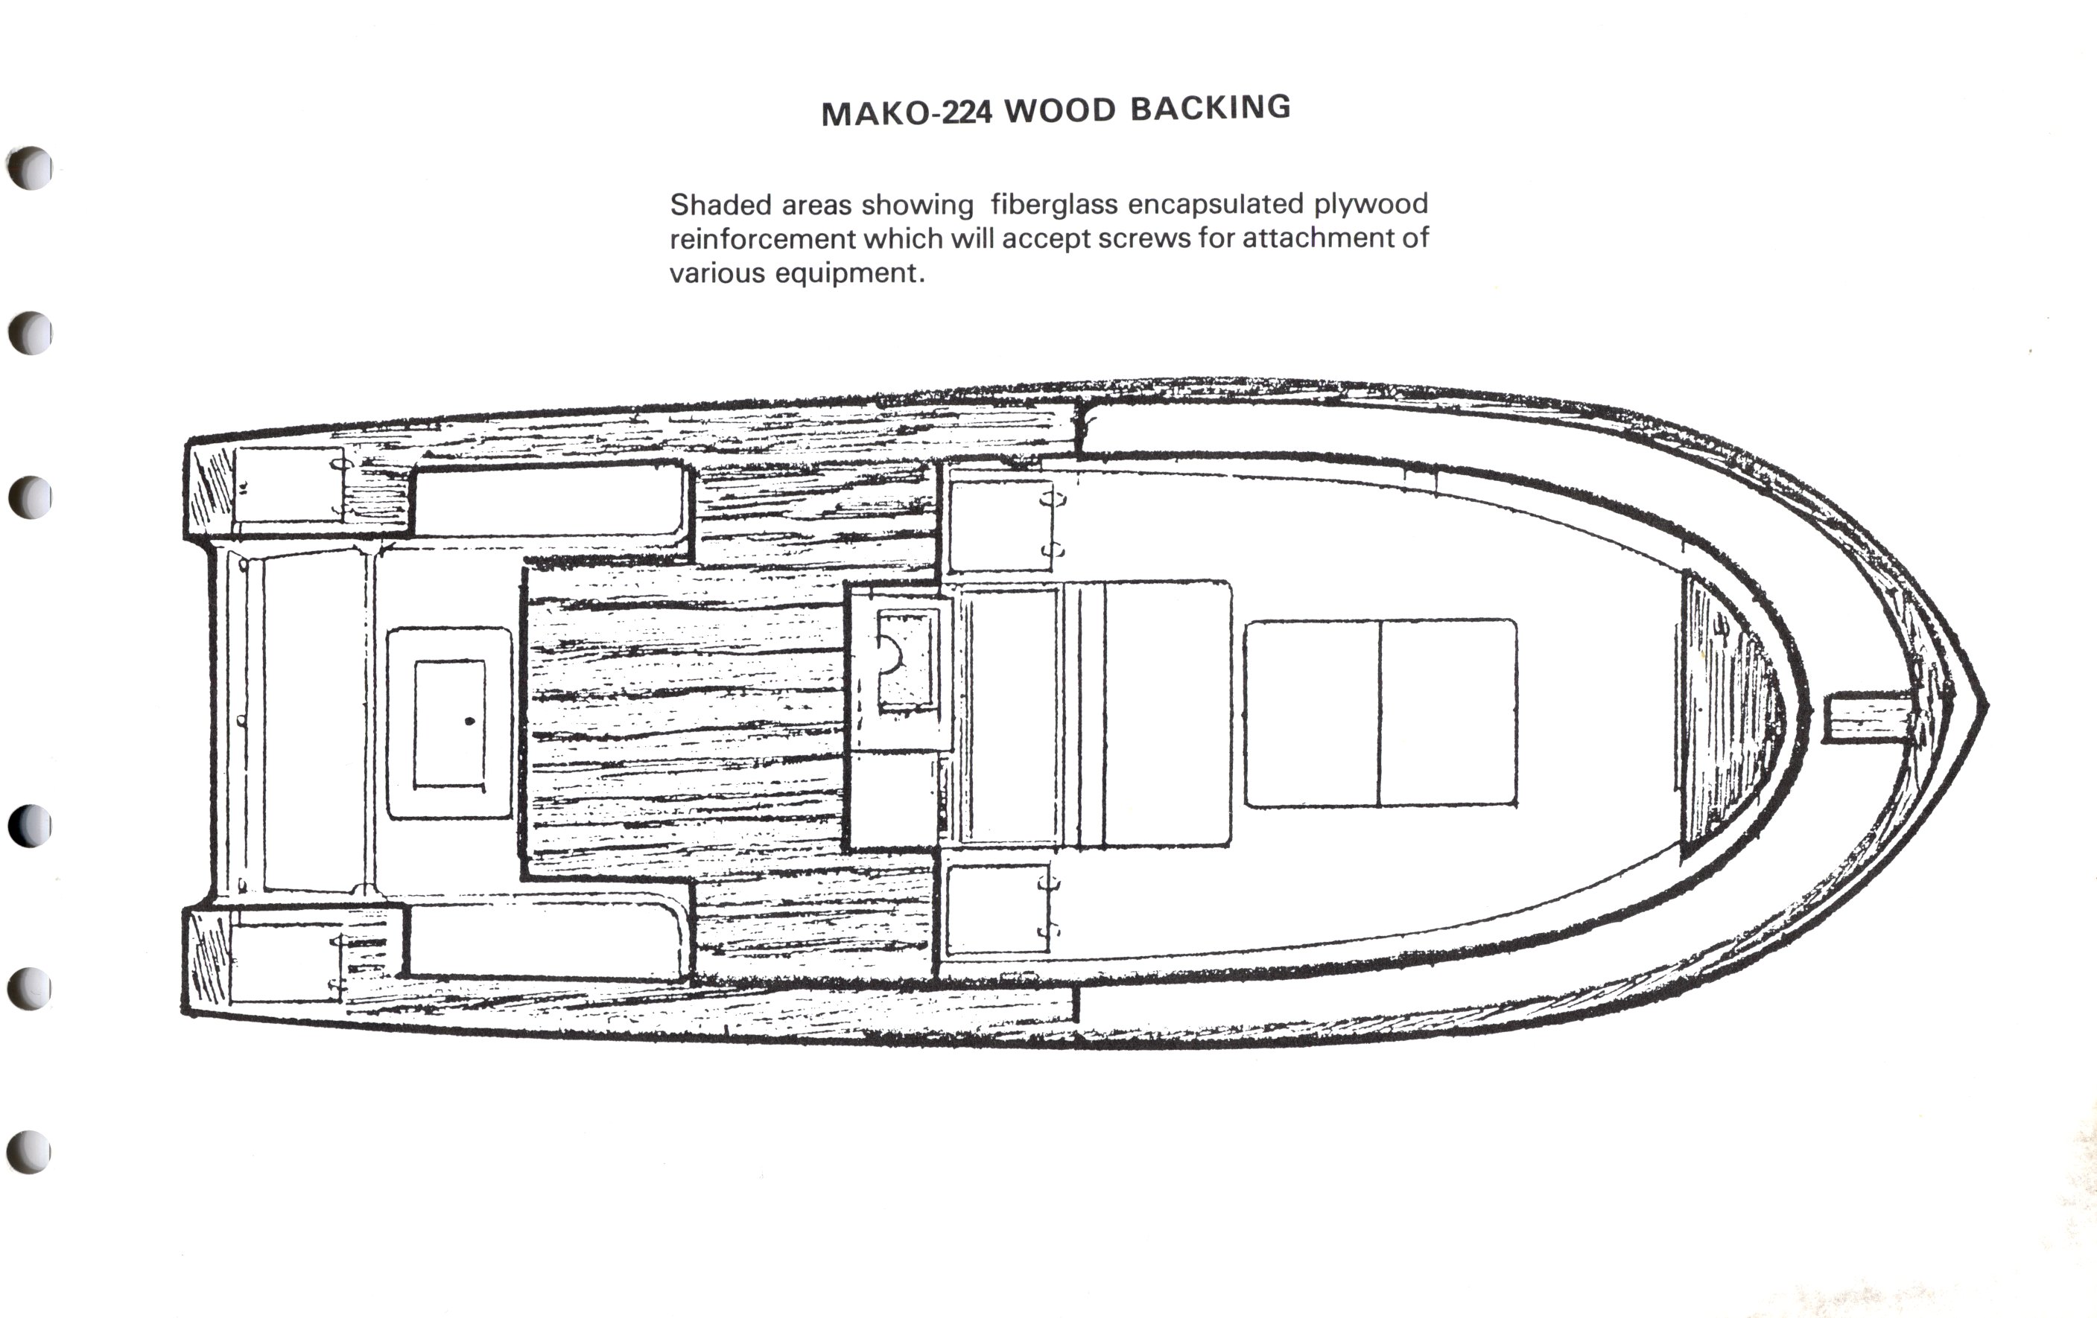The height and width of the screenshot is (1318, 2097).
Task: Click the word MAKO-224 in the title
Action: [x=906, y=113]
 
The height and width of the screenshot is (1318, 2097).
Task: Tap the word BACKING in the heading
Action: [x=1211, y=107]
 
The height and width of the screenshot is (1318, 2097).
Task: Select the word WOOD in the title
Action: [x=1060, y=110]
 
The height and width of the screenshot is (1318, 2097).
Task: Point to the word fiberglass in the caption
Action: [x=1054, y=205]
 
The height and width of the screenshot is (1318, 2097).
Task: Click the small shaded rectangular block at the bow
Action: [x=1868, y=718]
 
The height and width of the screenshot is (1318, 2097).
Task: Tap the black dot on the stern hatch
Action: [x=470, y=721]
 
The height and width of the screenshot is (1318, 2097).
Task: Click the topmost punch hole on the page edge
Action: [x=31, y=168]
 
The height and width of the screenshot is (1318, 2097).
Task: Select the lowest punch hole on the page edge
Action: [x=31, y=1152]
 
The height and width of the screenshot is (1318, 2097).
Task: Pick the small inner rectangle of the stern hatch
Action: [x=449, y=725]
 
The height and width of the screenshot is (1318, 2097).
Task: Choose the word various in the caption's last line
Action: [x=717, y=273]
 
